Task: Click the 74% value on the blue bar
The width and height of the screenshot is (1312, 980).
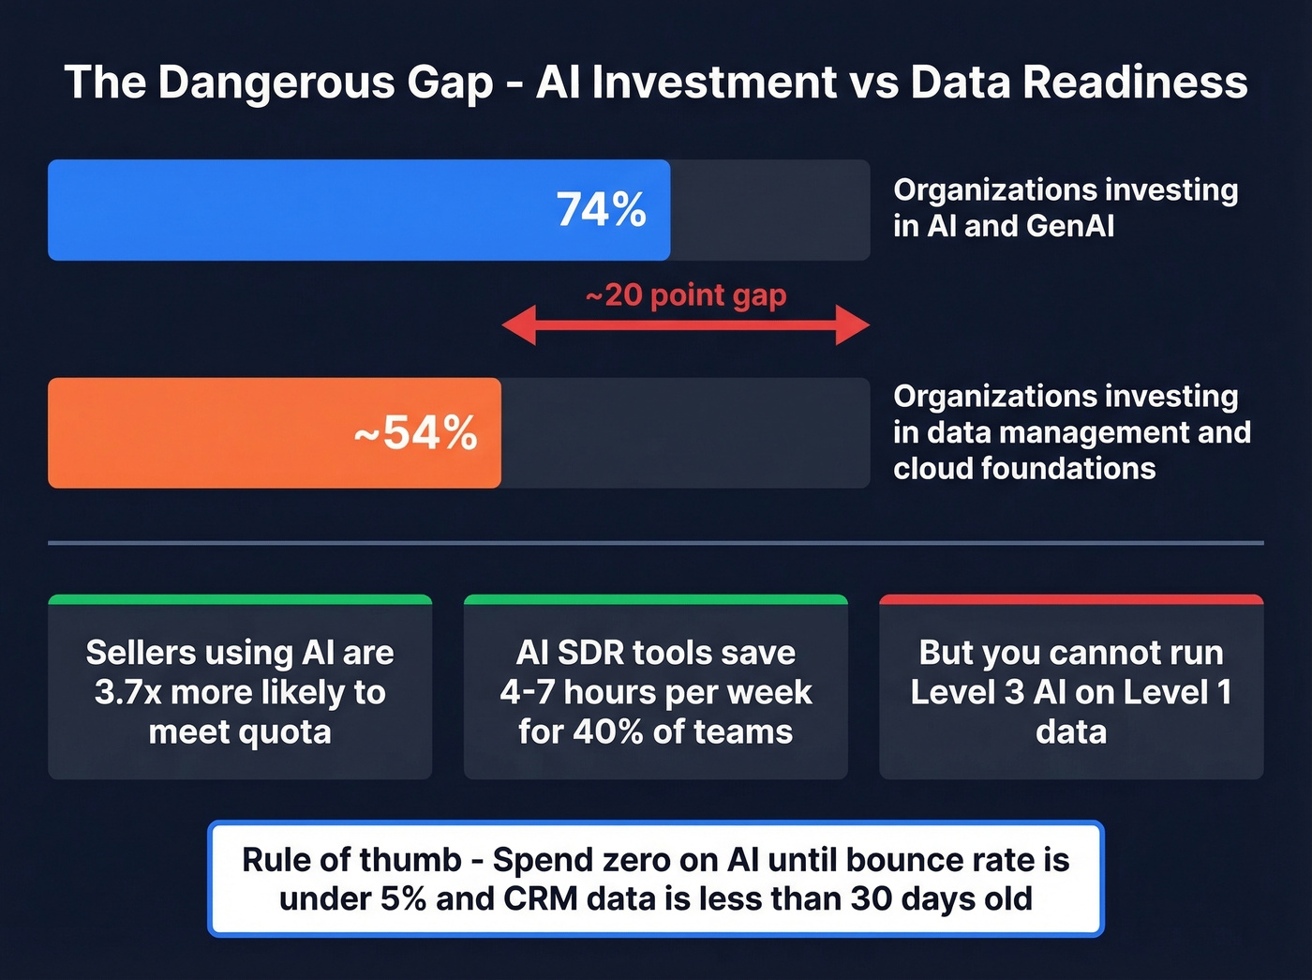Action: click(x=601, y=209)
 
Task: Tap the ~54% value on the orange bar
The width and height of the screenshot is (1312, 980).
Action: click(x=415, y=433)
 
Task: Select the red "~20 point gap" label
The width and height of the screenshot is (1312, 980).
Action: click(x=686, y=295)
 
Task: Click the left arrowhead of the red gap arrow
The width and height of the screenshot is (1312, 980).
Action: click(x=518, y=325)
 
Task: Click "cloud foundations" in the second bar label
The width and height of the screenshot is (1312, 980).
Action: click(x=1024, y=468)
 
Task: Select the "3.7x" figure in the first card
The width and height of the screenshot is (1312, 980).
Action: click(x=128, y=692)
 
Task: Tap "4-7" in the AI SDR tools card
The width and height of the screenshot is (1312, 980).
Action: click(x=528, y=692)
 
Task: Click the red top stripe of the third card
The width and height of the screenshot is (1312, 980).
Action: click(x=1071, y=599)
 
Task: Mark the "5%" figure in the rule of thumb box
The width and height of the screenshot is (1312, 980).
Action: click(x=403, y=898)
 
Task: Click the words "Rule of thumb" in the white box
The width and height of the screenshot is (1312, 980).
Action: click(x=351, y=859)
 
